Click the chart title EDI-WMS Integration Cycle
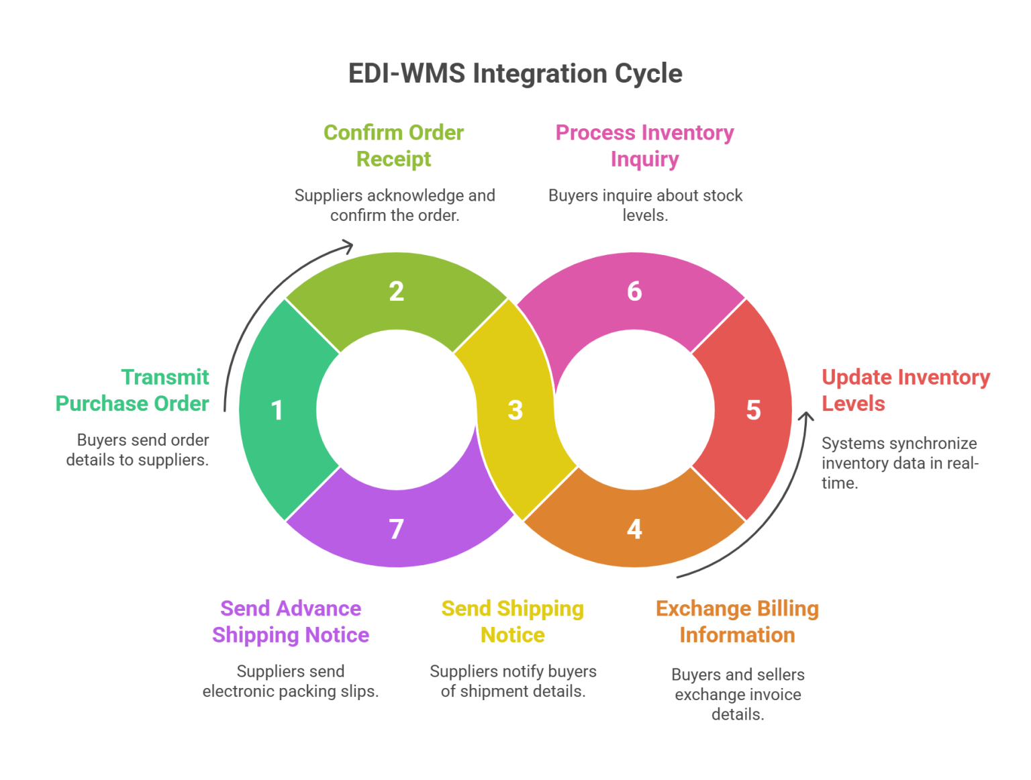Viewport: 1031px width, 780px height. [515, 73]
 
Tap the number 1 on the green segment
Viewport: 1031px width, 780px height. [277, 410]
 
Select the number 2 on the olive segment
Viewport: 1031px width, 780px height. [396, 291]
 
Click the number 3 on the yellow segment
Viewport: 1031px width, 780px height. [515, 410]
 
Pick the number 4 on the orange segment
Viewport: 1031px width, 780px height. [634, 530]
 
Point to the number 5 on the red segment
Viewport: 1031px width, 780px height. [753, 410]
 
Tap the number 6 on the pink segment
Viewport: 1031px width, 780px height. [634, 291]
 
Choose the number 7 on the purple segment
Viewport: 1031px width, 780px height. [396, 530]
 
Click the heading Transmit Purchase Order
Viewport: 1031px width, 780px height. [132, 390]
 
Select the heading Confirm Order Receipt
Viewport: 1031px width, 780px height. [393, 146]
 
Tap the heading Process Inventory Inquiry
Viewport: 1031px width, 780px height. [644, 146]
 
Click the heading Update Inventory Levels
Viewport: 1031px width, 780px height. [905, 390]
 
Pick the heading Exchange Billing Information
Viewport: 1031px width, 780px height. [737, 622]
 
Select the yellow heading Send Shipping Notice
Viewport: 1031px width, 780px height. [512, 622]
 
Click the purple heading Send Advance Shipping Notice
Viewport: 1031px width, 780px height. [291, 622]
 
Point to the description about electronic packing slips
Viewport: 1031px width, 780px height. [291, 681]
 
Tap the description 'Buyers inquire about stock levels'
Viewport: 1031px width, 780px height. [645, 205]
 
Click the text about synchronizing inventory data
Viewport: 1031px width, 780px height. [899, 463]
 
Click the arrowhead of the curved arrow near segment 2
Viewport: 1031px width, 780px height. [348, 244]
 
